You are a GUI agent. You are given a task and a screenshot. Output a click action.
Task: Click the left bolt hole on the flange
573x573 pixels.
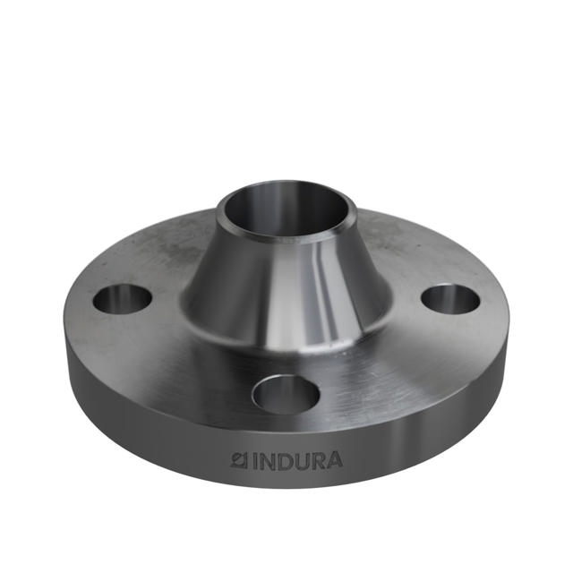point(122,298)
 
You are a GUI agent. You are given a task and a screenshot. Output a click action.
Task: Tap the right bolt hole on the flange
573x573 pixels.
point(450,298)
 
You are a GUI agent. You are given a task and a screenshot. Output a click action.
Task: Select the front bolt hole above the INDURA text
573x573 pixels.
point(287,392)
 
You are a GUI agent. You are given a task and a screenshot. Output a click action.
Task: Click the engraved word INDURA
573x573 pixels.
point(295,461)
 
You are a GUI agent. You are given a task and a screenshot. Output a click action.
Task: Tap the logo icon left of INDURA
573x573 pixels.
point(239,460)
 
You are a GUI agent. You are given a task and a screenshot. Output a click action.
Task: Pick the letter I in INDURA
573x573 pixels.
point(253,461)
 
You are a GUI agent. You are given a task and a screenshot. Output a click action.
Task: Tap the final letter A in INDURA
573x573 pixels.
point(334,460)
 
